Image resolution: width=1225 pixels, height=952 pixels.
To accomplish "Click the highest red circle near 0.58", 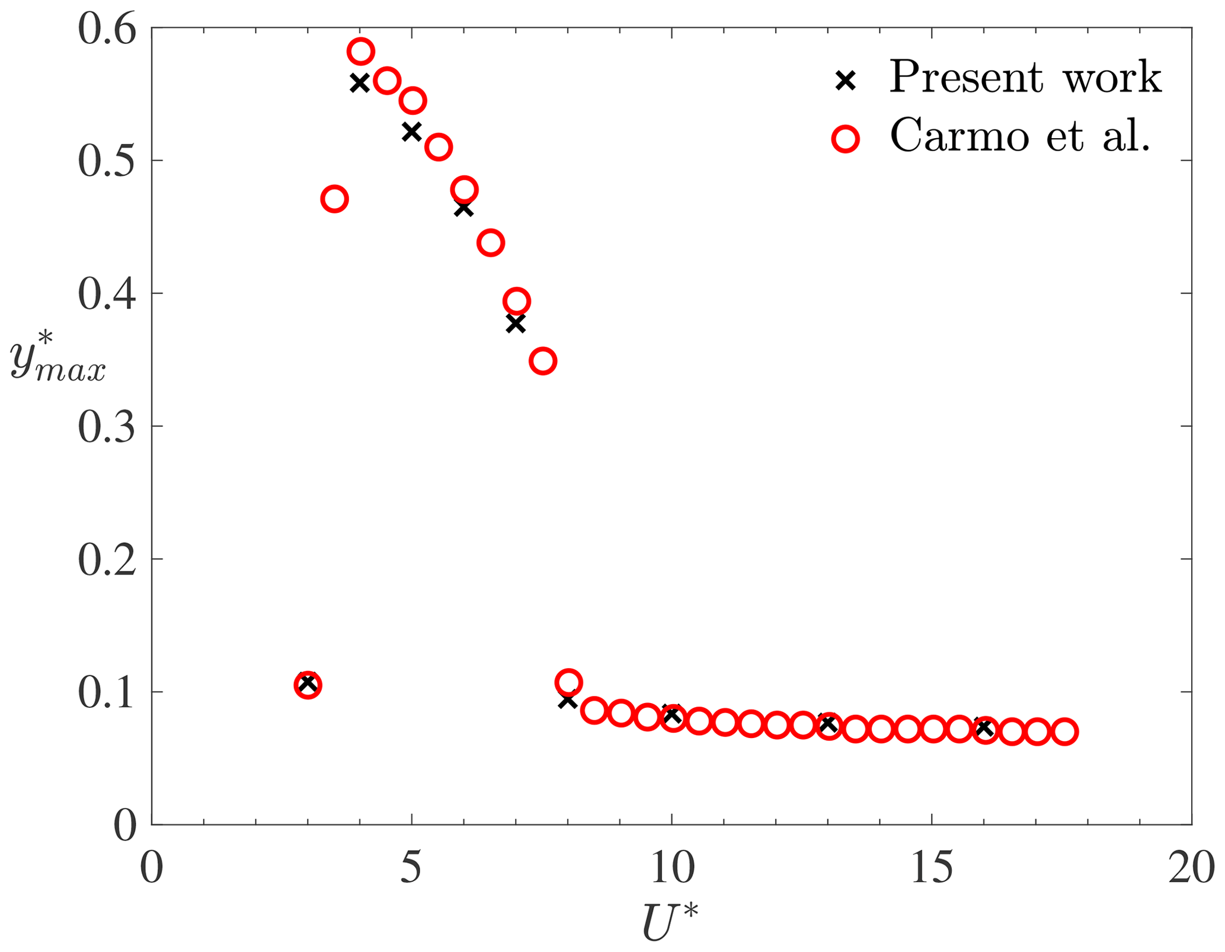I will [360, 52].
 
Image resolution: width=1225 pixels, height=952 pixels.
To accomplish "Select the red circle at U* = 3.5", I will [334, 199].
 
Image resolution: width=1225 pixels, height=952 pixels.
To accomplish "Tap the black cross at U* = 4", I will [360, 82].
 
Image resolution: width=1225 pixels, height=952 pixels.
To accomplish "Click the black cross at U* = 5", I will [411, 131].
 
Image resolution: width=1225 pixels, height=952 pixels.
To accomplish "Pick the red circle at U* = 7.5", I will [543, 360].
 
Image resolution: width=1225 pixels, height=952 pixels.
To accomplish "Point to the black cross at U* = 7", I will [516, 324].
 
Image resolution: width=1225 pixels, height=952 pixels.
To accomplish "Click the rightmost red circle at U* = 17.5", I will [1064, 732].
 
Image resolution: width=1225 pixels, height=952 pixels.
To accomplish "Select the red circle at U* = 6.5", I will [491, 243].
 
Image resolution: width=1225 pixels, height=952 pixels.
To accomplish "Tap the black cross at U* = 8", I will [568, 701].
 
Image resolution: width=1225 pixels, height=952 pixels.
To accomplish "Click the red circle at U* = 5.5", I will [439, 147].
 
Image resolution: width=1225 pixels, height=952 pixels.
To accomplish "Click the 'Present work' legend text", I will [1025, 78].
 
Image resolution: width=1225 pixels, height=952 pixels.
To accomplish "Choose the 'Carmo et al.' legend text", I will [1020, 137].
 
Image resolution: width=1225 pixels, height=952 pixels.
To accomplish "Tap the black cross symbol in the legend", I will [846, 80].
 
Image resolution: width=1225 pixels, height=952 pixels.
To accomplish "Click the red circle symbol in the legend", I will [846, 139].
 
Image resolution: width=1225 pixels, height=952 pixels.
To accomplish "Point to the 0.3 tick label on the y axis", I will [107, 427].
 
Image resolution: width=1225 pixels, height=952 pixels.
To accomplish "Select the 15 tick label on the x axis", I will [932, 869].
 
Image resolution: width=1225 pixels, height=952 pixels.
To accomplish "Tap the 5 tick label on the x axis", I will [411, 869].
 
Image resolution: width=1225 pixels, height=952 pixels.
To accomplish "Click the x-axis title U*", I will [670, 922].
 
